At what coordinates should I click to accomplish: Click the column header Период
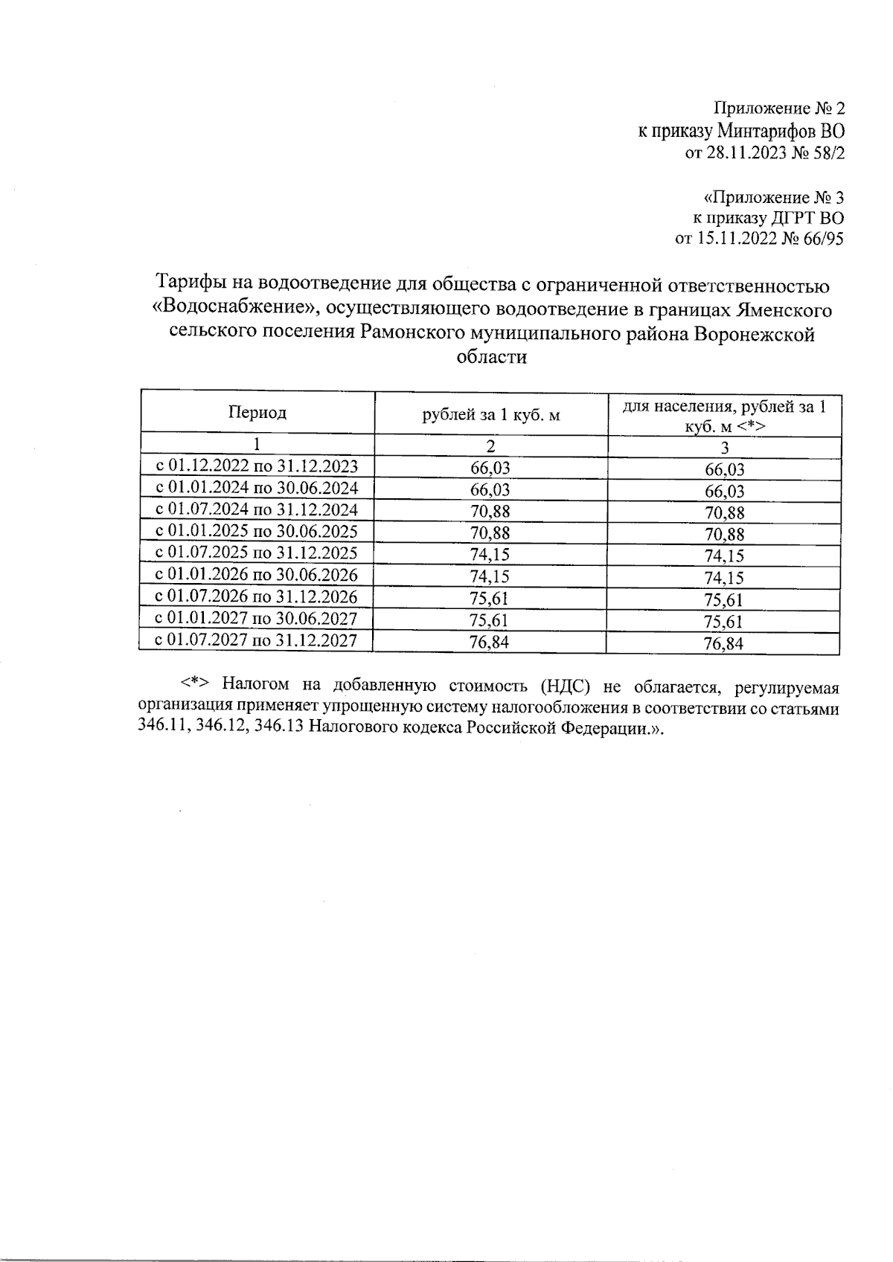(x=257, y=413)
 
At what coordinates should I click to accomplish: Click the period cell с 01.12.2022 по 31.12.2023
(x=257, y=466)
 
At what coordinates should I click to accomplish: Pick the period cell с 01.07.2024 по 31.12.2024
(x=257, y=509)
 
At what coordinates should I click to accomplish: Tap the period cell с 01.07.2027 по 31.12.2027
(x=257, y=640)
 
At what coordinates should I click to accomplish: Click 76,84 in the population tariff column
(x=723, y=644)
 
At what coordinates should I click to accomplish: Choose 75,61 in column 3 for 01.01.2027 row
(x=723, y=622)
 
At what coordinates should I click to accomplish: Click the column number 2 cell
(x=490, y=446)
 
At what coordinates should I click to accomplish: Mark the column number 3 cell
(x=724, y=448)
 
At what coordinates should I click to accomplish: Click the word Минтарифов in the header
(x=766, y=132)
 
